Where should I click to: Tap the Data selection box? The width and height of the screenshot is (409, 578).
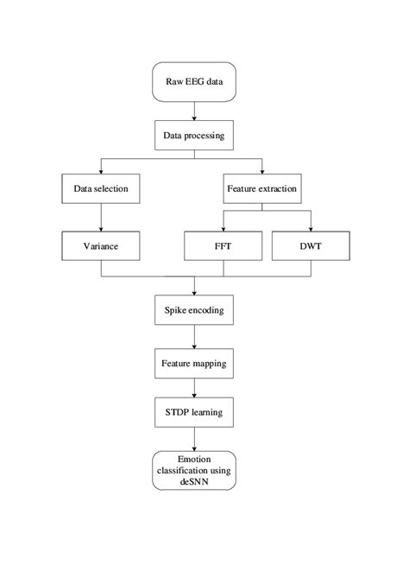coord(102,187)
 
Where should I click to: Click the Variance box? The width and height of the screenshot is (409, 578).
coord(102,246)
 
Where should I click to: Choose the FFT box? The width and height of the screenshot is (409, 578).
coord(223,246)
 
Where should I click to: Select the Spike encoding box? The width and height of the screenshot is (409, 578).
coord(195,309)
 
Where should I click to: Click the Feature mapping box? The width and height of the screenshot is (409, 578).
coord(195,364)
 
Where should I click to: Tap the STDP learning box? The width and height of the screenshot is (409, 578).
coord(195,414)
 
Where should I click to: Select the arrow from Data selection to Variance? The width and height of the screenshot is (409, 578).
coord(102,217)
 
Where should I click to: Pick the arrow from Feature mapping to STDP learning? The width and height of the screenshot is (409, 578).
coord(195,389)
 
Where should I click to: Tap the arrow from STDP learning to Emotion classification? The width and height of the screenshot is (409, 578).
coord(195,439)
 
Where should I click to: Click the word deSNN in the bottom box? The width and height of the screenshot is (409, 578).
coord(195,484)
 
